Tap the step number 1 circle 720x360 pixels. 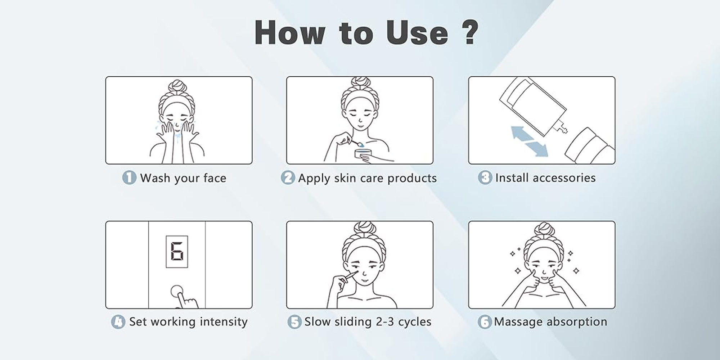[129, 178]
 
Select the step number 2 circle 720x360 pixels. [288, 178]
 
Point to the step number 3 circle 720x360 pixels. [485, 178]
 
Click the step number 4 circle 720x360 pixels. [118, 322]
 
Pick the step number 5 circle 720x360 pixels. [294, 322]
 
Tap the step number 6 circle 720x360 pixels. [485, 322]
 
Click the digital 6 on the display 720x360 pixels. [177, 252]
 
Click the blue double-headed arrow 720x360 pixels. [530, 141]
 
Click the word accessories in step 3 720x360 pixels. [564, 178]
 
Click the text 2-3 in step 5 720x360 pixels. [385, 321]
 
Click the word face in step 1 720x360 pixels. [215, 178]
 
